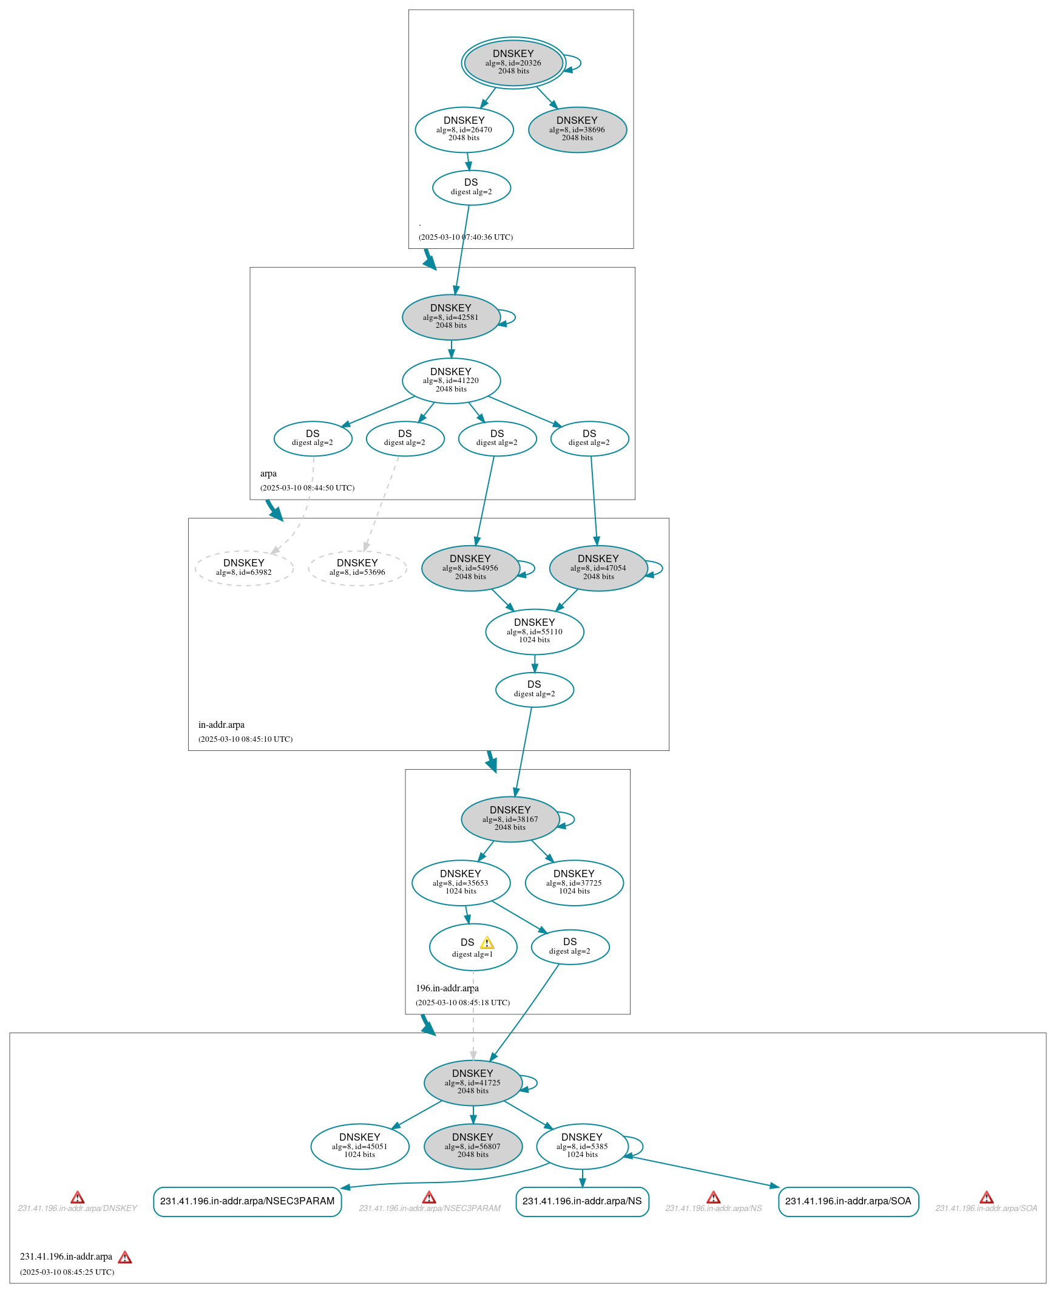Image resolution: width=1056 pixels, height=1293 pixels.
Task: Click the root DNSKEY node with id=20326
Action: [x=513, y=63]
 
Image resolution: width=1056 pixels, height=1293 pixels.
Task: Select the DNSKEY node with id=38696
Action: [x=577, y=130]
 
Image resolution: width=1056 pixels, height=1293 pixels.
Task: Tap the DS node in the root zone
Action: [x=471, y=188]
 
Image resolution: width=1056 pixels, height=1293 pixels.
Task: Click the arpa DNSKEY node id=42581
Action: [x=451, y=317]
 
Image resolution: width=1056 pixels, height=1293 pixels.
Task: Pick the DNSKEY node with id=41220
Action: [x=451, y=380]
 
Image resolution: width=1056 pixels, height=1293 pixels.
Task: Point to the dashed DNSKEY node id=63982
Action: [x=243, y=568]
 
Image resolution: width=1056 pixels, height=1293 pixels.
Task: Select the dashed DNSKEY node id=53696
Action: [x=357, y=568]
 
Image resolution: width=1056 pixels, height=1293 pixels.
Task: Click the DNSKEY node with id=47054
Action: [x=597, y=568]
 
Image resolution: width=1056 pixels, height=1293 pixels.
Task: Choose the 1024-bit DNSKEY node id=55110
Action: [x=534, y=631]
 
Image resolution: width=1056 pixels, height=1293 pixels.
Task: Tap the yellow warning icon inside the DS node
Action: [x=487, y=943]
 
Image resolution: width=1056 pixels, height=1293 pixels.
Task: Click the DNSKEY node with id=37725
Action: [x=574, y=882]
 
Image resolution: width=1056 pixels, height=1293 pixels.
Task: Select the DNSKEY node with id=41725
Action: [x=473, y=1082]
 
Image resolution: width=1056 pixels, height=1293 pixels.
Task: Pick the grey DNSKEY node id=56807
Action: [x=473, y=1146]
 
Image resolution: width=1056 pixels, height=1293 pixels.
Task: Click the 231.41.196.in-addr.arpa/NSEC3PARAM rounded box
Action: [x=247, y=1201]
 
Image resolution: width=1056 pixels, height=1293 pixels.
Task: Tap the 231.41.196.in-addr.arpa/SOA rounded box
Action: [x=847, y=1201]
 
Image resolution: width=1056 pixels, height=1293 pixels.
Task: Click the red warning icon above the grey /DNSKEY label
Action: [x=77, y=1198]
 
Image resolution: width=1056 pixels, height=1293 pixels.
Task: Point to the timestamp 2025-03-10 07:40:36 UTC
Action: [x=465, y=237]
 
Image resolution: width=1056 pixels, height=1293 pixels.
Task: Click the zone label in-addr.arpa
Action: [x=222, y=725]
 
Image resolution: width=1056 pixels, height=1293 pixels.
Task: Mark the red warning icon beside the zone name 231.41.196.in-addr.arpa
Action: [x=124, y=1257]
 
